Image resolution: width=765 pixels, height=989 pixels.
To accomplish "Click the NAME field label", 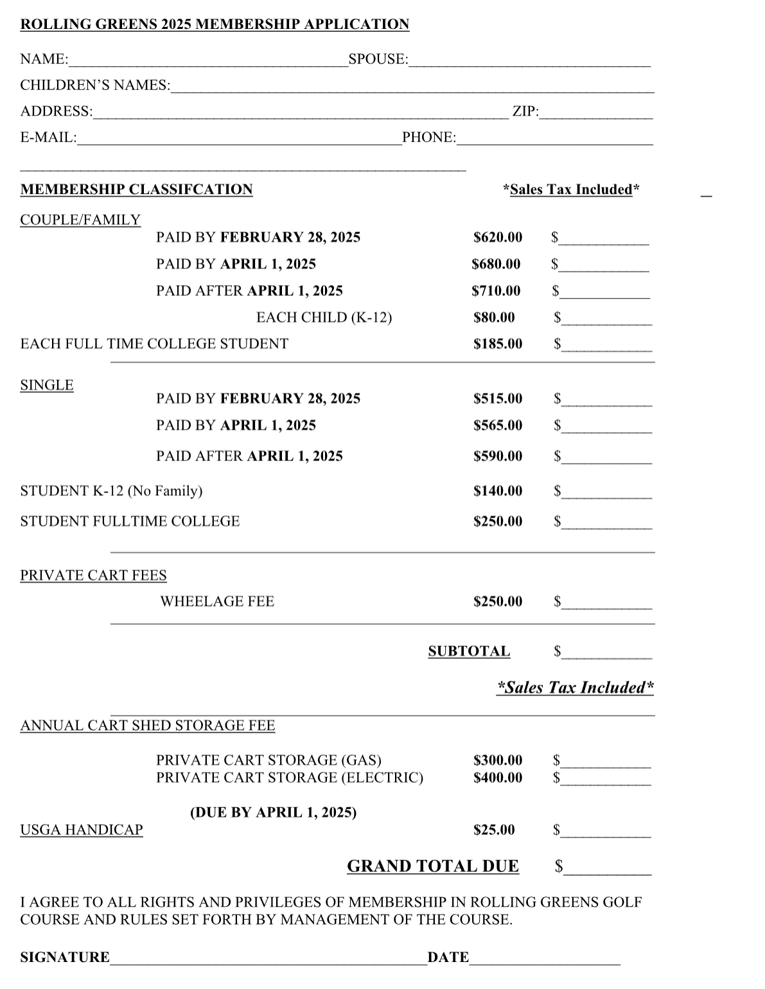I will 44,59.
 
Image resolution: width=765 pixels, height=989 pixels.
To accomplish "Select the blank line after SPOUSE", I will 529,62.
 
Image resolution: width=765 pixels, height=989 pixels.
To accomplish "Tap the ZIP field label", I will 525,112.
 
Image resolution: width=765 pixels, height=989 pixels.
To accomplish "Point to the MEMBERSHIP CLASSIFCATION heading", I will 136,189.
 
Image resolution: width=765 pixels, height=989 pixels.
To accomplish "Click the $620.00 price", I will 498,238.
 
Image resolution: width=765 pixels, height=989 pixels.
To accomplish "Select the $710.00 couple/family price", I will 496,291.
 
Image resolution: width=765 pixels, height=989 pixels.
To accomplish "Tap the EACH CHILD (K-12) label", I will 324,317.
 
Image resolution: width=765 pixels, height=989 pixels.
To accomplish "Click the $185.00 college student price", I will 498,344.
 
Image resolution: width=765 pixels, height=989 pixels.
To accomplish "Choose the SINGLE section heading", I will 47,385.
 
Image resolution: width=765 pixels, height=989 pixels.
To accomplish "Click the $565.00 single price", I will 498,425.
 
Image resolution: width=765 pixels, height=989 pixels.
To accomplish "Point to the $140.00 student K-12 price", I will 498,491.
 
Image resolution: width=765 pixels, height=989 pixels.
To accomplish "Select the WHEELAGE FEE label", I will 217,602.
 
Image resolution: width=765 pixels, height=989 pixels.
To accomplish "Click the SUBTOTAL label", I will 469,651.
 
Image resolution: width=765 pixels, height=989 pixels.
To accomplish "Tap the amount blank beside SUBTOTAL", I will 607,654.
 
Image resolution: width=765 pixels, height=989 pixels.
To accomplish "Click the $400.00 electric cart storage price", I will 498,778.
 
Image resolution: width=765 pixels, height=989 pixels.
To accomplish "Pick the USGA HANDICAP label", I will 82,830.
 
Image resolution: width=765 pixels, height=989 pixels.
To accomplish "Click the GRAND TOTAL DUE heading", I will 433,866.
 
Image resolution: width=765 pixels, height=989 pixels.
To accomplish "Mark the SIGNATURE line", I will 268,960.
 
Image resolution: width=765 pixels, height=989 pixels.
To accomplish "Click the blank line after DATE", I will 545,960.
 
